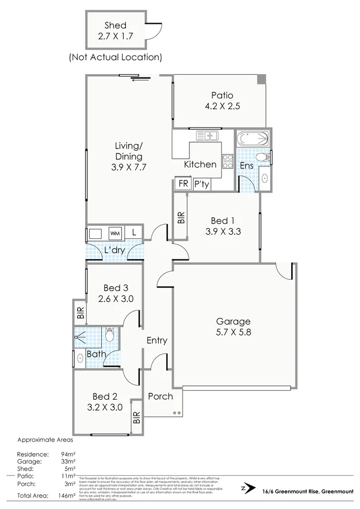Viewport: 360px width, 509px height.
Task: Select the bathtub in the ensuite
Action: [x=253, y=139]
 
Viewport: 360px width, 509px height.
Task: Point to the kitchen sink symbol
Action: [x=206, y=135]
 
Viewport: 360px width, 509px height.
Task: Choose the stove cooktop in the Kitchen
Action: [x=228, y=161]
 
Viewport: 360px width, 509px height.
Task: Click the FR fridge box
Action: [x=183, y=184]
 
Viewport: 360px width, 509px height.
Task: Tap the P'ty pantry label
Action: [x=202, y=185]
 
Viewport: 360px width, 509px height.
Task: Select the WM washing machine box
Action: [x=115, y=234]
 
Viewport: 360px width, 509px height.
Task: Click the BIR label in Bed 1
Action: [x=181, y=217]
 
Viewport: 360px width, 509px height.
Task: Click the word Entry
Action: [x=157, y=341]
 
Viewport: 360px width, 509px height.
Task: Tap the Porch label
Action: [x=160, y=397]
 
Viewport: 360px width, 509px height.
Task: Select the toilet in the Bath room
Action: [x=110, y=336]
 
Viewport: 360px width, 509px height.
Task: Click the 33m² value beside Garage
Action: [x=67, y=461]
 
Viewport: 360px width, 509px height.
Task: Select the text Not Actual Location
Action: [x=115, y=56]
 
